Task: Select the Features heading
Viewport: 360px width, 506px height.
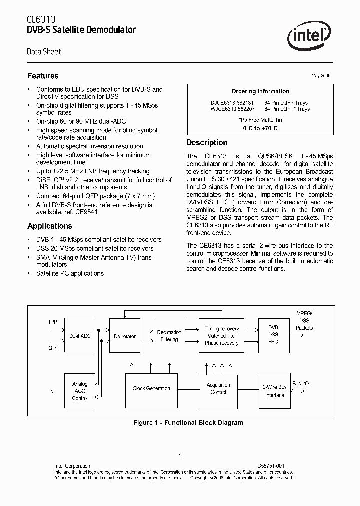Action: (43, 76)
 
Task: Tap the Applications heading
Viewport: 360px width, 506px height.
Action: (50, 226)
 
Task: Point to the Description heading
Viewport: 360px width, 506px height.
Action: (207, 143)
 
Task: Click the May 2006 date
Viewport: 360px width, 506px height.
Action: (321, 76)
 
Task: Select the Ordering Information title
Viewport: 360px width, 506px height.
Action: (260, 91)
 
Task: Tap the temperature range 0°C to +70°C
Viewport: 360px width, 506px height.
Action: (260, 128)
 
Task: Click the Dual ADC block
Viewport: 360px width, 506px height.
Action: (80, 336)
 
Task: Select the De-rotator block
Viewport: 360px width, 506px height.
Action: (124, 336)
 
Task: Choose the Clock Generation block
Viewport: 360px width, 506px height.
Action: (151, 388)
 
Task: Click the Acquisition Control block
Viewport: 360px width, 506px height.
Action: (218, 388)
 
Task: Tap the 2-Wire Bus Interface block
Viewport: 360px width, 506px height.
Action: (274, 391)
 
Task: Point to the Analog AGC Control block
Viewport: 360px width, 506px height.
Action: (80, 391)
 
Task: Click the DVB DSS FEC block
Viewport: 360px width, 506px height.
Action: (273, 335)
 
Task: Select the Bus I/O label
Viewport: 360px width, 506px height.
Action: (300, 383)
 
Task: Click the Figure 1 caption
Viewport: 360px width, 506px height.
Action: (188, 423)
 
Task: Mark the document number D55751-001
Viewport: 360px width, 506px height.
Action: (271, 466)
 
